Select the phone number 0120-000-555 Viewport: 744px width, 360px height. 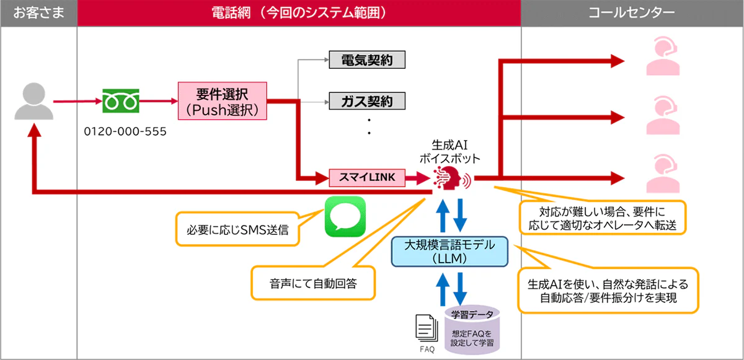pyautogui.click(x=125, y=133)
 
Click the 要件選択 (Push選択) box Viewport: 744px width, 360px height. pyautogui.click(x=222, y=101)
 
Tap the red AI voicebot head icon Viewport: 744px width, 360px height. pyautogui.click(x=453, y=178)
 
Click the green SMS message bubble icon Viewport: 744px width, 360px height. pyautogui.click(x=345, y=216)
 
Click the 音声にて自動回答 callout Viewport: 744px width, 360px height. pyautogui.click(x=314, y=284)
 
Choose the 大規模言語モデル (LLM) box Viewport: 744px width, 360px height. pyautogui.click(x=449, y=252)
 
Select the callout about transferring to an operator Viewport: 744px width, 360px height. pyautogui.click(x=601, y=217)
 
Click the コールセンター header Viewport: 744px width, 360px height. pyautogui.click(x=632, y=12)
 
